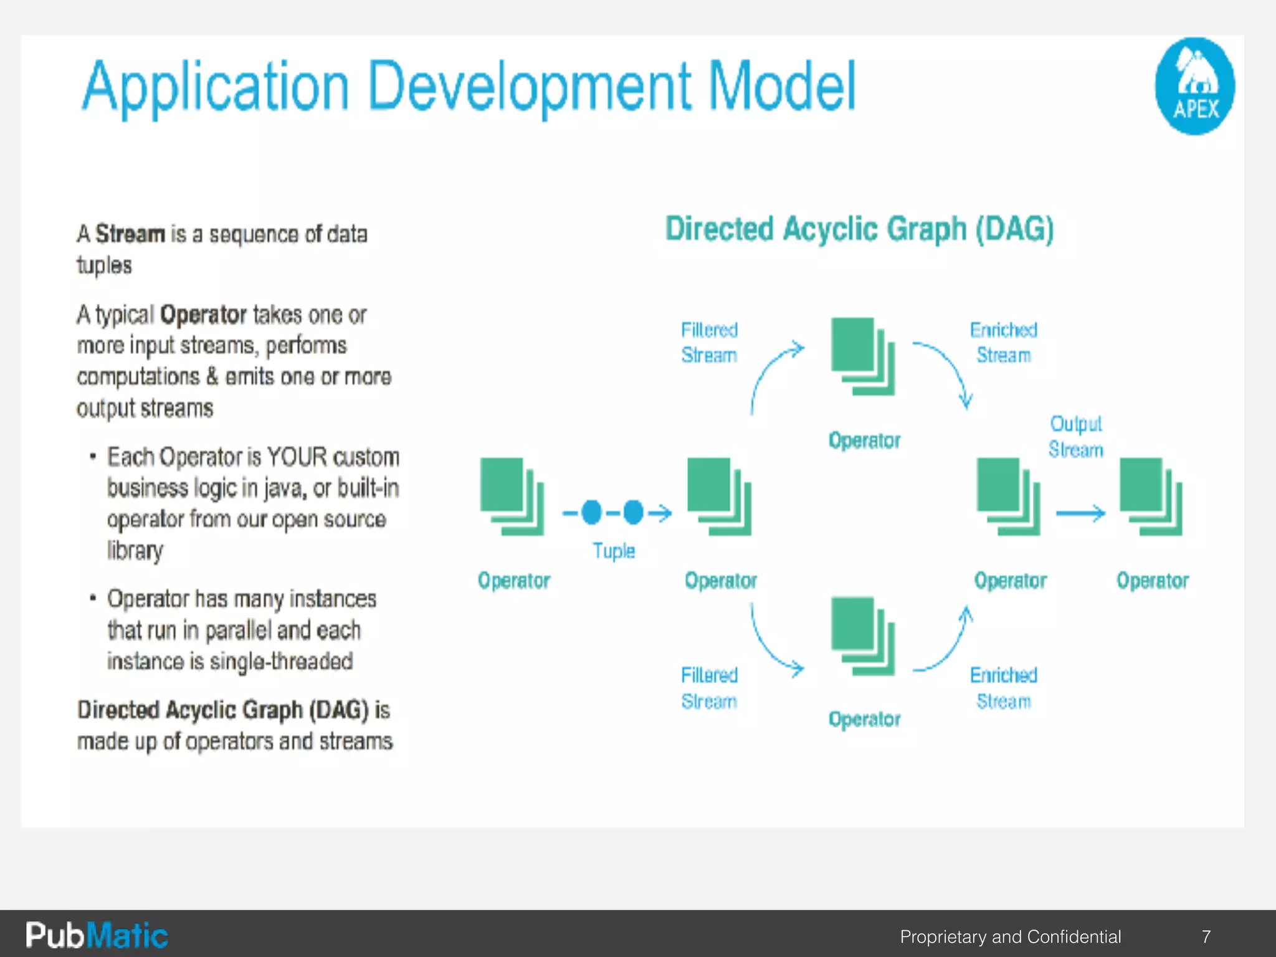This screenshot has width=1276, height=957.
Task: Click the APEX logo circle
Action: pos(1194,86)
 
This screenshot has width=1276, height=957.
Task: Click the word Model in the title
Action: pos(782,87)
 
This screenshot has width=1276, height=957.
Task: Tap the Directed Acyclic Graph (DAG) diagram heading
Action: pos(859,229)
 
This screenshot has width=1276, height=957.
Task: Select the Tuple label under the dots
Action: pos(614,551)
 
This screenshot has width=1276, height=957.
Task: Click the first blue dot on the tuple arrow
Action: pos(591,512)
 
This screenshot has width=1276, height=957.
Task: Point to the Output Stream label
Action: pos(1075,436)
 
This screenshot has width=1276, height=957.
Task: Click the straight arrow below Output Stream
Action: pos(1080,513)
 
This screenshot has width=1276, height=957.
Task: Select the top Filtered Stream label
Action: pos(709,342)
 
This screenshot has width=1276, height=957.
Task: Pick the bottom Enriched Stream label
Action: pos(1003,688)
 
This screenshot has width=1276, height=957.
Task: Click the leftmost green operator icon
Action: pos(512,497)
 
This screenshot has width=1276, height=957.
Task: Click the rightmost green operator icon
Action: pos(1151,497)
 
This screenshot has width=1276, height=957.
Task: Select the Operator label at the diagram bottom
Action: pos(864,719)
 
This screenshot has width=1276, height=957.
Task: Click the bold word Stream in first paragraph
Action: pos(130,234)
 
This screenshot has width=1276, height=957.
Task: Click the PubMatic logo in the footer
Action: pos(97,936)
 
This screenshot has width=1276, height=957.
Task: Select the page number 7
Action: pos(1206,936)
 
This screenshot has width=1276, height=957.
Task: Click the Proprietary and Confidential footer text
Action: pos(1010,936)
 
